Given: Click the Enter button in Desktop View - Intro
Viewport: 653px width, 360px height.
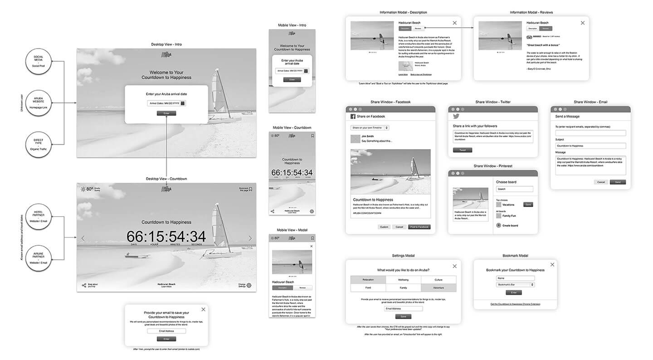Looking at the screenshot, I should [x=166, y=113].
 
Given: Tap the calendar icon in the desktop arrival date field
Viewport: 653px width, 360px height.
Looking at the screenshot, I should [x=183, y=103].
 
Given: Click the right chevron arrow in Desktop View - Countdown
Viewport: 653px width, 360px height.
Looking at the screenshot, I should [x=250, y=238].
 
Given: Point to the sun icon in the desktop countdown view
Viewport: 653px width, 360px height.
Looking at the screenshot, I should [x=83, y=189].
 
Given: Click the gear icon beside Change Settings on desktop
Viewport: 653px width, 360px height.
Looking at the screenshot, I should [x=249, y=286].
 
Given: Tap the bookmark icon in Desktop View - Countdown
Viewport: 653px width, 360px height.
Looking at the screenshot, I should [x=251, y=189].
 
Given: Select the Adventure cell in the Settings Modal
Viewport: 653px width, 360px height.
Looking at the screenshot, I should [x=439, y=287].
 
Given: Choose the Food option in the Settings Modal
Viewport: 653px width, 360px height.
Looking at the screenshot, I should [x=368, y=287].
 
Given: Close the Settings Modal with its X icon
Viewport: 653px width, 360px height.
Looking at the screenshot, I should [x=454, y=266].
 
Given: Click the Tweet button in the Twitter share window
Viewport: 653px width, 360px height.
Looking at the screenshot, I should [x=463, y=150].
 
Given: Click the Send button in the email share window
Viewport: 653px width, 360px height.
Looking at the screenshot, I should [x=618, y=182].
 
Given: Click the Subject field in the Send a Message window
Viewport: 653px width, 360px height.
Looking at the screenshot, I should [x=590, y=146].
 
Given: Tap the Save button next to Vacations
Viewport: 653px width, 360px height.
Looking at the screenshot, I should [x=528, y=204].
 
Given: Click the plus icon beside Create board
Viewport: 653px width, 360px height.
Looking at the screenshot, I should [x=499, y=225].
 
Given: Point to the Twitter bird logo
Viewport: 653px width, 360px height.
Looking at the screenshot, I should [x=457, y=117].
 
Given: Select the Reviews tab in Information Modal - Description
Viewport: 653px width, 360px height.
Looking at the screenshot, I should [x=418, y=28].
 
